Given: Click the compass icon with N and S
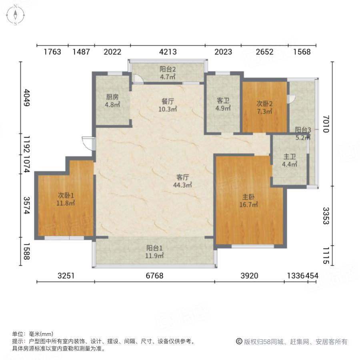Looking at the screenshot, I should pos(15,15).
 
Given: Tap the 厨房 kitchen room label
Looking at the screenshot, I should pos(112,97).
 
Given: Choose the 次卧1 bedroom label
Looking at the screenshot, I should pos(66,196).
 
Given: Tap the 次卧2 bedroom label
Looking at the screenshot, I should pos(265,102).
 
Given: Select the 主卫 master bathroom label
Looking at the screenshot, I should pos(290,156).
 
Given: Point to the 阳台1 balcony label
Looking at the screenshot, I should pos(155,248).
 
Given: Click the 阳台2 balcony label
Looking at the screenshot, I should pos(167,69).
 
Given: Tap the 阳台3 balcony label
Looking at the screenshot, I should pos(303,130).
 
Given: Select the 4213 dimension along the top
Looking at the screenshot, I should pos(168,52).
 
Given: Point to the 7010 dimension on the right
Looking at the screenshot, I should pos(326,124).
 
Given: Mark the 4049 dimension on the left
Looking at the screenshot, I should pos(26,98).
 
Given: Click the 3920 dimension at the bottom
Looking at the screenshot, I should pos(249,276).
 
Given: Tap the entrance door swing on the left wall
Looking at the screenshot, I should pos(88,142).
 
